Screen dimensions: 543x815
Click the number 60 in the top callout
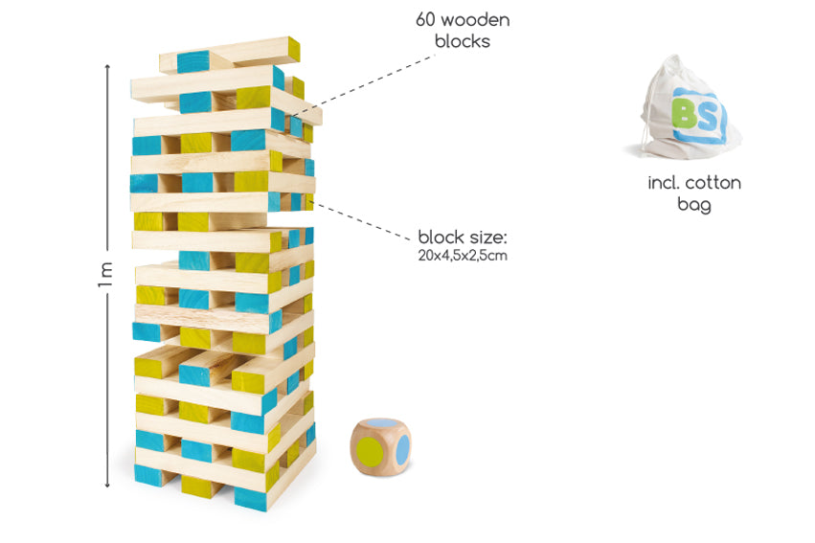click(x=427, y=19)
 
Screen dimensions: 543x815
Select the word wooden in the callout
click(x=476, y=19)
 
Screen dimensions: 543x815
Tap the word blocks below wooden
click(x=463, y=41)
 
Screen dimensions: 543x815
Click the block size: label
click(x=463, y=237)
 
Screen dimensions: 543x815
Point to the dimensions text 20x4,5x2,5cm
click(x=463, y=256)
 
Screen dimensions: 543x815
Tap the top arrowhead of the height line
click(x=107, y=66)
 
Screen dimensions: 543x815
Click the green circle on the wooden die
click(x=369, y=448)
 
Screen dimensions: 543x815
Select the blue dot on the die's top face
click(x=380, y=422)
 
